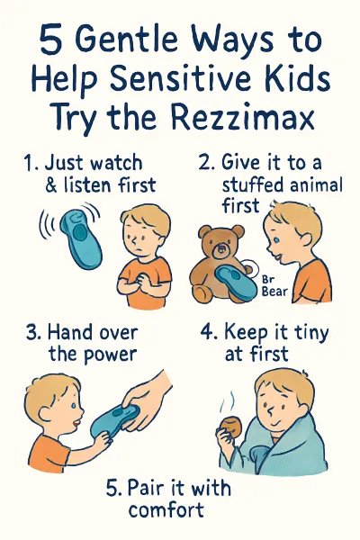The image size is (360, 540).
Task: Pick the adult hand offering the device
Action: (153, 396)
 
